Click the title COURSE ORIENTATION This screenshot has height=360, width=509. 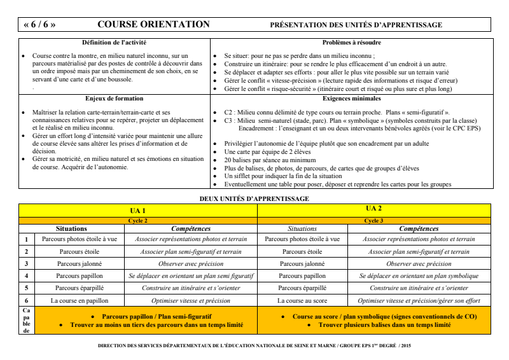pos(153,25)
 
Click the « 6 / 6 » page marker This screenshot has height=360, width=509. pos(39,25)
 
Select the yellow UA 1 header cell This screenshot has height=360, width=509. pos(138,211)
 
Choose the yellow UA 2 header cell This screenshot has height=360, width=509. pos(374,209)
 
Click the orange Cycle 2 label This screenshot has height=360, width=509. pos(138,220)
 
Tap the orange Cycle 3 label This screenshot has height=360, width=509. pos(374,220)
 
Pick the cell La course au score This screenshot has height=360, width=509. pos(302,300)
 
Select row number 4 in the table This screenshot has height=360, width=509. pos(26,276)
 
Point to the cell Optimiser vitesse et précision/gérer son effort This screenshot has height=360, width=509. pos(419,300)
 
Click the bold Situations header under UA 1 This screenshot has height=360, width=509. pos(71,228)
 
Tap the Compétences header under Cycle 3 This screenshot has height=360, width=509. pos(419,228)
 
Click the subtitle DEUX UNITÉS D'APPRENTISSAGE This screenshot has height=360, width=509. pos(254,198)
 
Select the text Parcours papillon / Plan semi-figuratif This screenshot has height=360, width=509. pos(157,316)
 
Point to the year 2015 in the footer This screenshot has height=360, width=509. pos(406,345)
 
